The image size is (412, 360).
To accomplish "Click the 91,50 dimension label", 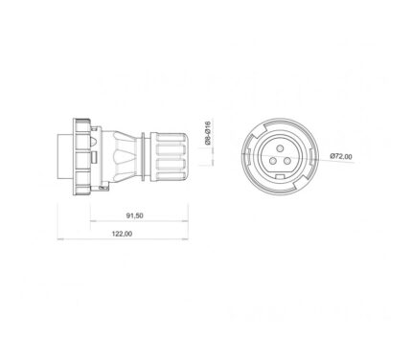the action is [134, 215].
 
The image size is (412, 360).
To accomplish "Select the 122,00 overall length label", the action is [122, 234].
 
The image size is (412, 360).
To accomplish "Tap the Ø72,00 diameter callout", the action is [341, 156].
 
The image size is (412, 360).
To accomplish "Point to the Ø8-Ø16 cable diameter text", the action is [208, 133].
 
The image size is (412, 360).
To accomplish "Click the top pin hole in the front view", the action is [280, 148].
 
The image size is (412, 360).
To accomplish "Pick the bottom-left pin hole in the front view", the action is [272, 161].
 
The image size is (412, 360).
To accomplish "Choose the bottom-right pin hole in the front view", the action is [287, 161].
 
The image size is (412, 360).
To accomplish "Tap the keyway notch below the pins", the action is [280, 177].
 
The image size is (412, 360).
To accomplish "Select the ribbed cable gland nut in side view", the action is [169, 157].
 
